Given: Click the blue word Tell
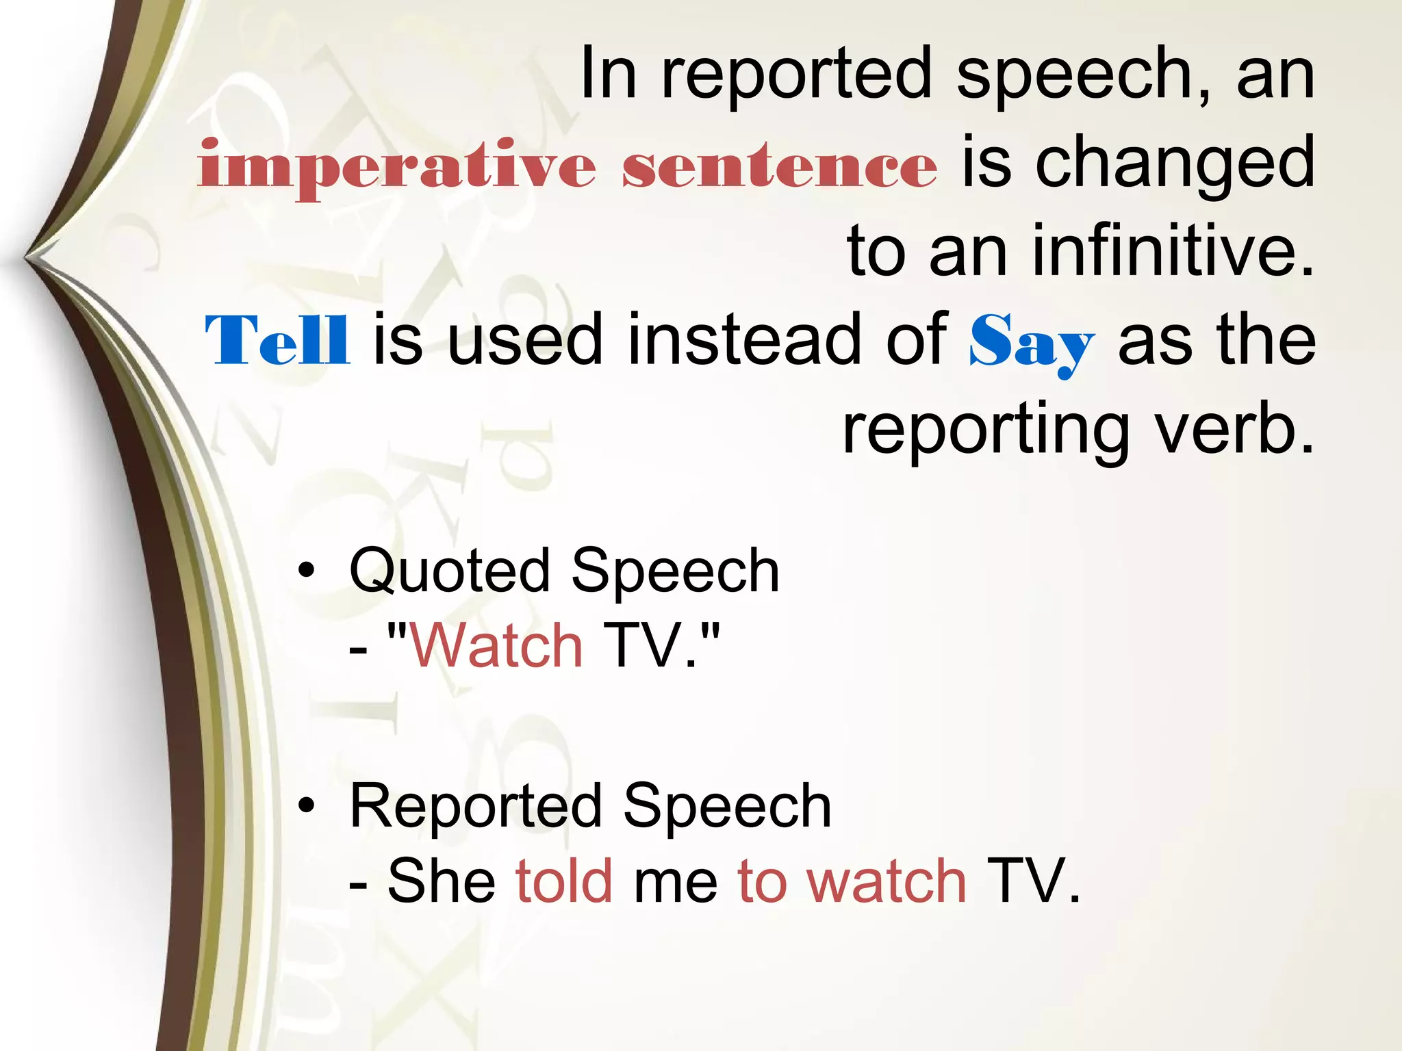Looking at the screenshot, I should (x=277, y=341).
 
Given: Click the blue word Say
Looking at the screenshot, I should (x=1031, y=342).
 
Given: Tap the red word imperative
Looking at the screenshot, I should (x=397, y=166).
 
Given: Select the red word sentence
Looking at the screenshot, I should (x=779, y=166).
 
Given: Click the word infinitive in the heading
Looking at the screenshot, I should (x=1173, y=252).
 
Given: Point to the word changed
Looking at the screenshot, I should (x=1175, y=164).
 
